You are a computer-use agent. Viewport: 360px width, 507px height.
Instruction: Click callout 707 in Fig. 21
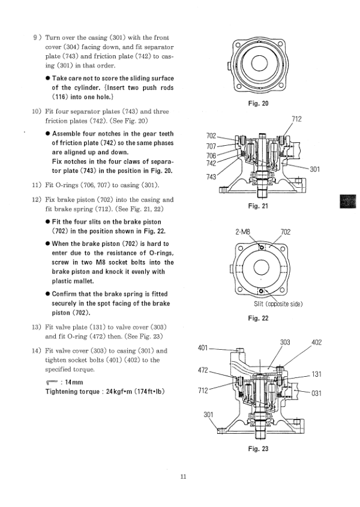212,146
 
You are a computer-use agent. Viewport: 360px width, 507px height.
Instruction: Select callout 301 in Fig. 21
315,170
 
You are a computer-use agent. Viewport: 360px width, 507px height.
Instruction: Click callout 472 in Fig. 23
203,370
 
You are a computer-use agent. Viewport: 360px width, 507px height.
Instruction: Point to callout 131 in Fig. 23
317,374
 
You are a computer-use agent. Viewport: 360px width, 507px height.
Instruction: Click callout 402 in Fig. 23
317,343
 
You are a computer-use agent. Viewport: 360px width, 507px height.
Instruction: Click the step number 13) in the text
35,327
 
